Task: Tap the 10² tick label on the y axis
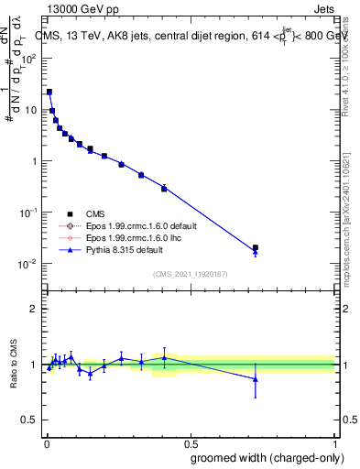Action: [29, 58]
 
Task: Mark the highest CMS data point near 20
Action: [49, 92]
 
